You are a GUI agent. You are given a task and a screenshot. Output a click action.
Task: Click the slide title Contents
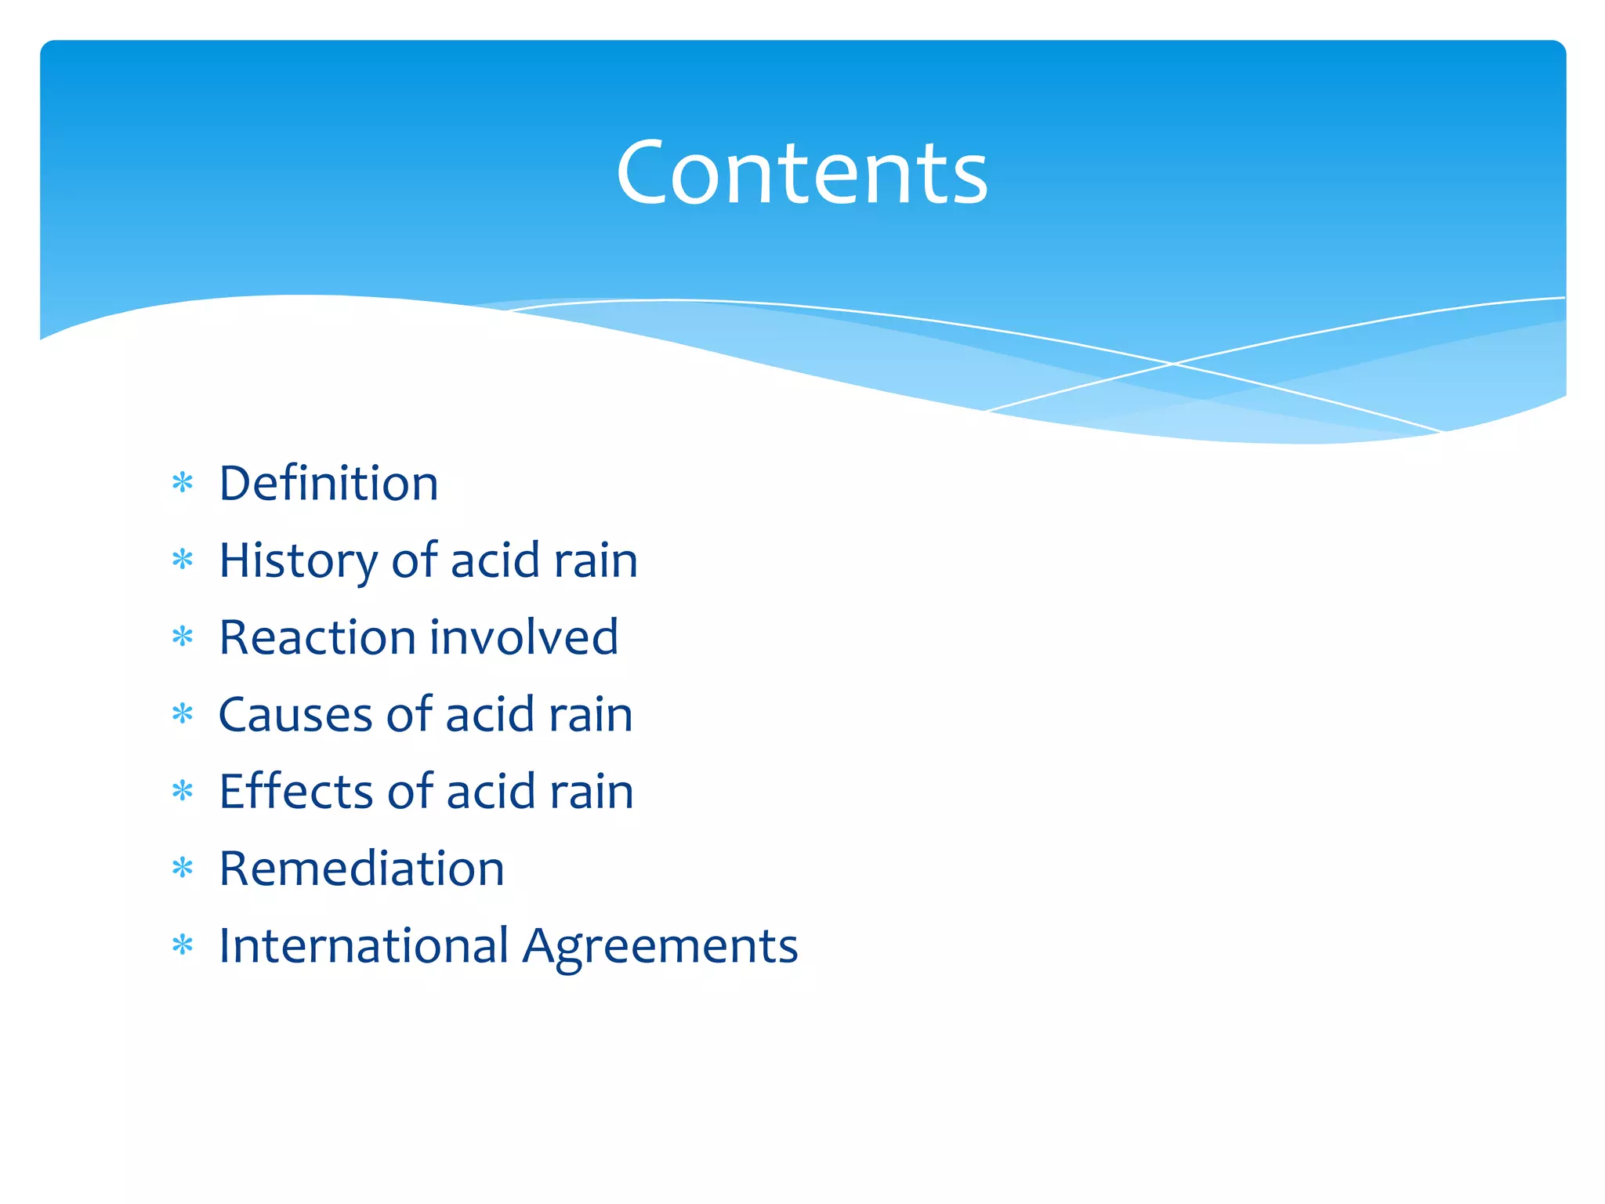(802, 172)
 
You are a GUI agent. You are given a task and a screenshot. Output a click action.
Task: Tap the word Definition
(328, 483)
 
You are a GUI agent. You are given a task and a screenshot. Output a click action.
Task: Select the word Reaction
(313, 636)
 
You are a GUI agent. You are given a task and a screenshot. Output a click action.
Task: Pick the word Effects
(296, 791)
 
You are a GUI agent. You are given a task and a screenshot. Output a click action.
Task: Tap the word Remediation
(361, 869)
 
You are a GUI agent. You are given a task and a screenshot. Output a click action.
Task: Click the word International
(364, 945)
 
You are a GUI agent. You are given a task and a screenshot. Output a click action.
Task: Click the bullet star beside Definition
(183, 483)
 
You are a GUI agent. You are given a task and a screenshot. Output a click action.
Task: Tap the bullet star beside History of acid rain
(183, 560)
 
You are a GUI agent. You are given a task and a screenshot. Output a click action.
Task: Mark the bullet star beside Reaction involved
(183, 636)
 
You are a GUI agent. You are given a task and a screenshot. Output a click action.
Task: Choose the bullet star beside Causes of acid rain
(183, 714)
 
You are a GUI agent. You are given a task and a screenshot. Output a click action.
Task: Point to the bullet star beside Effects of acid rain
(183, 791)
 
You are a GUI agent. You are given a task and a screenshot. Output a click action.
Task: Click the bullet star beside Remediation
(183, 868)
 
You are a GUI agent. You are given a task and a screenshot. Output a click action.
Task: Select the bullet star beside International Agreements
(183, 945)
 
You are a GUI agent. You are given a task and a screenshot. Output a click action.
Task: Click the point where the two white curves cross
(1173, 364)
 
